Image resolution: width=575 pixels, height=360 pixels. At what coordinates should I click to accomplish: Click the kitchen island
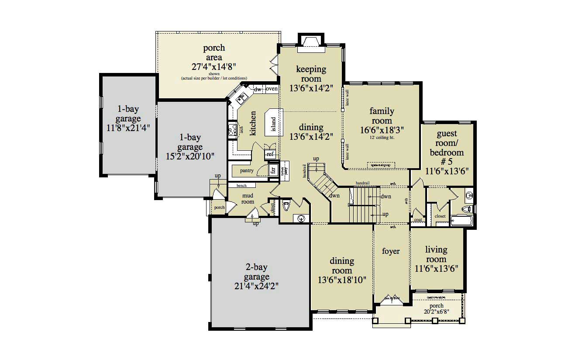tap(274, 121)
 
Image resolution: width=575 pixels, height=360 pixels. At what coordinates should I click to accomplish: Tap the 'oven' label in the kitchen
tap(272, 89)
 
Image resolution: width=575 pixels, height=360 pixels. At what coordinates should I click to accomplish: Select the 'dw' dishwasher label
tap(258, 89)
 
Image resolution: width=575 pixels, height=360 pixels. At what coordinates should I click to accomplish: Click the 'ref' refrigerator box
tap(270, 154)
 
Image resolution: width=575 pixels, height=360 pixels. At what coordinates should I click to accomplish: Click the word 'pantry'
tap(246, 170)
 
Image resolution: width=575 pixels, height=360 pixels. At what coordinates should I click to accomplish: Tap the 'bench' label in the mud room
tap(241, 186)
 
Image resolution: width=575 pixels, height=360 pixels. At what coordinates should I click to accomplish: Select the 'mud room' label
tap(248, 199)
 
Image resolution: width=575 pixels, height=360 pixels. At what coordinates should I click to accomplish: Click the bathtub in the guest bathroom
tap(461, 221)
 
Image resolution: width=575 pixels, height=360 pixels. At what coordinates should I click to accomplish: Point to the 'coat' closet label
tap(418, 220)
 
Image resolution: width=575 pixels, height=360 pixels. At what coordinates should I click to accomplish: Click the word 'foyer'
tap(391, 252)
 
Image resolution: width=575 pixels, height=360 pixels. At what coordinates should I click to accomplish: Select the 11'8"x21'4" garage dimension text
tap(128, 128)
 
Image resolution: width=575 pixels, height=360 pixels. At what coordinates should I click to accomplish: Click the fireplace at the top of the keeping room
tap(311, 43)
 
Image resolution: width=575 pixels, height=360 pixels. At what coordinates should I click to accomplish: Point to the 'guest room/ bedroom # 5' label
tap(446, 148)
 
